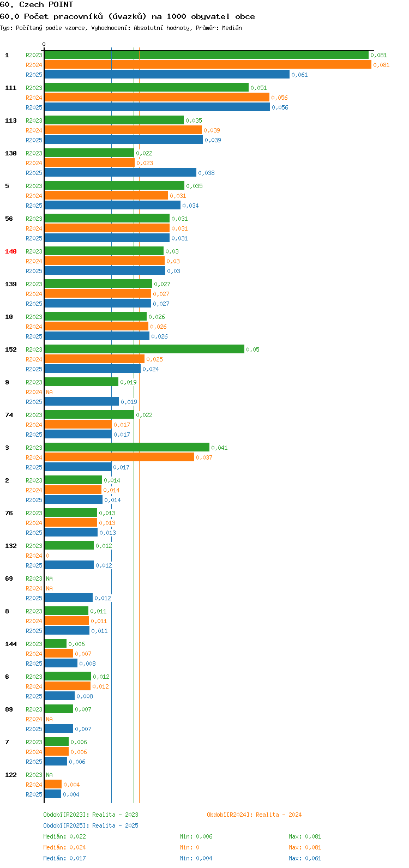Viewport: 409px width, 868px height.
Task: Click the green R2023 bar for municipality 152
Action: pyautogui.click(x=144, y=349)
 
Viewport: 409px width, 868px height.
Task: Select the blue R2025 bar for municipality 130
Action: pyautogui.click(x=120, y=172)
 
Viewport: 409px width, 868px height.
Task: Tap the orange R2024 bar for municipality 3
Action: pyautogui.click(x=119, y=457)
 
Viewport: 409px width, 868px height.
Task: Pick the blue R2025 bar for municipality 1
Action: pyautogui.click(x=167, y=74)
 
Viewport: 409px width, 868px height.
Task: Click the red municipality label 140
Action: pyautogui.click(x=11, y=251)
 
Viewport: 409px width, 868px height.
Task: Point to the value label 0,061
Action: pyautogui.click(x=300, y=75)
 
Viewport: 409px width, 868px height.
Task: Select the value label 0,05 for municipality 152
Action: pyautogui.click(x=253, y=349)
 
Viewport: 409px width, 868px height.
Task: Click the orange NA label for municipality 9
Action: pyautogui.click(x=49, y=392)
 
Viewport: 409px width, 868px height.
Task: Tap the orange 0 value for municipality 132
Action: pyautogui.click(x=47, y=556)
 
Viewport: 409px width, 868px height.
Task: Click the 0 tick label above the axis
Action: pyautogui.click(x=44, y=44)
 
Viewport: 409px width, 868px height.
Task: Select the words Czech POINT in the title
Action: pyautogui.click(x=46, y=5)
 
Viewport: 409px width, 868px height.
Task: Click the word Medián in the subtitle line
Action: pyautogui.click(x=232, y=28)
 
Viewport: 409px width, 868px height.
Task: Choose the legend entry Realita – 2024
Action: pyautogui.click(x=279, y=815)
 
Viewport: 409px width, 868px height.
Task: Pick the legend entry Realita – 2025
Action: pyautogui.click(x=115, y=825)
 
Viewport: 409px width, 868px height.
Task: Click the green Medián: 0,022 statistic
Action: pyautogui.click(x=64, y=836)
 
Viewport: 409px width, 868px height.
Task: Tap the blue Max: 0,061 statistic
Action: pyautogui.click(x=305, y=858)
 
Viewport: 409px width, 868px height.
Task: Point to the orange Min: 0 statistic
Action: pyautogui.click(x=189, y=847)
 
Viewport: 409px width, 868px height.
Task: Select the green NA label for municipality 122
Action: pyautogui.click(x=49, y=775)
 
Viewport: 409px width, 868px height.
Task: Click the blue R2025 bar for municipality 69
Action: pyautogui.click(x=69, y=598)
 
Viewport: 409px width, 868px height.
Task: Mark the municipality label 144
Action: pyautogui.click(x=11, y=644)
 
